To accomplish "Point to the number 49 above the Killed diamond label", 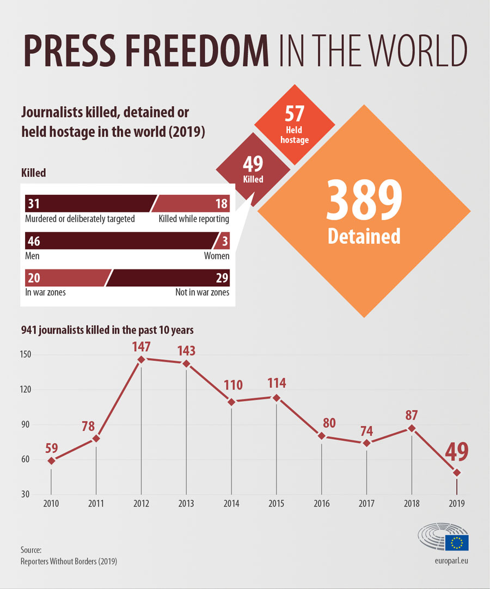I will pyautogui.click(x=253, y=163).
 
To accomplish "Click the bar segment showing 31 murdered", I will pyautogui.click(x=87, y=204).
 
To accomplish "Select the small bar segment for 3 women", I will pyautogui.click(x=224, y=241).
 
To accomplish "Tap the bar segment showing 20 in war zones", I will pyautogui.click(x=65, y=278).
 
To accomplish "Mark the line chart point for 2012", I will pyautogui.click(x=142, y=359).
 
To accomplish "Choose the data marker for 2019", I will pyautogui.click(x=456, y=472).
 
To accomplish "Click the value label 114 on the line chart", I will pyautogui.click(x=277, y=383).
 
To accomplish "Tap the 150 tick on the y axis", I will pyautogui.click(x=26, y=355).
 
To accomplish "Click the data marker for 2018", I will pyautogui.click(x=411, y=428).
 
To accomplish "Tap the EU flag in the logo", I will pyautogui.click(x=456, y=542).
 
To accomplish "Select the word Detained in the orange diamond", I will pyautogui.click(x=364, y=236).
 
